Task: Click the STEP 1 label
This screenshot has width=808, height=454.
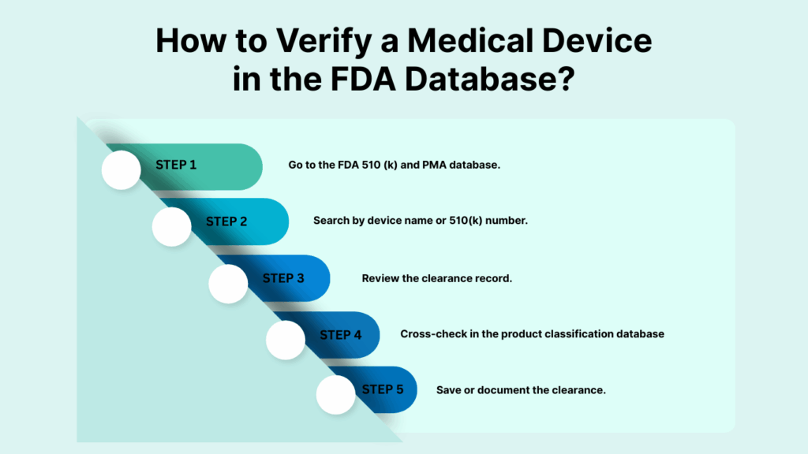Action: point(176,165)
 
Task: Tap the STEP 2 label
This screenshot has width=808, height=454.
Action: point(226,221)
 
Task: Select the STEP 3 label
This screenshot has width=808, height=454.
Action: point(283,278)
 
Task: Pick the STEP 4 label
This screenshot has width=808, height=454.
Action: point(341,335)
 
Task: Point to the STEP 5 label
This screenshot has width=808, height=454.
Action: point(383,389)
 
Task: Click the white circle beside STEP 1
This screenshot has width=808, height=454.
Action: point(121,170)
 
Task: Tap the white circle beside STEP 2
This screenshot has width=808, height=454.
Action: point(171,226)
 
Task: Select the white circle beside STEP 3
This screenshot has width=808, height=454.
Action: point(228,284)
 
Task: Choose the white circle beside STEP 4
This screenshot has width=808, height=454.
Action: point(286,340)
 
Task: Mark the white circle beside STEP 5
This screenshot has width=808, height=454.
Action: point(336,395)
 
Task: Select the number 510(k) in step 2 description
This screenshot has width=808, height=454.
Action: point(466,221)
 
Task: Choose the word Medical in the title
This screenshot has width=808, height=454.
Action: point(470,41)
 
